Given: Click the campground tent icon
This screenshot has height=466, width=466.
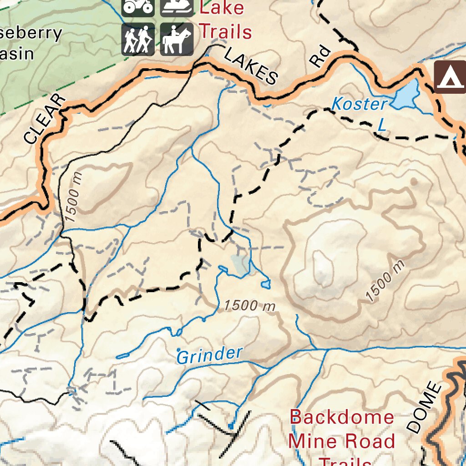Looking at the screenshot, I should coord(449,77).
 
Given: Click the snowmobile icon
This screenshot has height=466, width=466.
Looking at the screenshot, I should coord(177,8).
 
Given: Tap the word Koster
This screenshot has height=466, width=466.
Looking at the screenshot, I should coord(359,104).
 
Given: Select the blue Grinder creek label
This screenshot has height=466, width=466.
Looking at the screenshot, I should coord(209,355).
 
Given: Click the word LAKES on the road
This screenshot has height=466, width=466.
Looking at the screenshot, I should coord(251,67).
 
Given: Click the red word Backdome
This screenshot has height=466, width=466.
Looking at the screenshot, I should coord(342,417).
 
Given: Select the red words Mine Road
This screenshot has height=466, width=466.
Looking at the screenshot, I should coord(342,441).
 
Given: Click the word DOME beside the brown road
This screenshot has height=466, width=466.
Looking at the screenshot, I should coord(424,408).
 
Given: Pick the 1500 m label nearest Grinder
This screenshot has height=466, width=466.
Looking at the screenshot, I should coord(250,306).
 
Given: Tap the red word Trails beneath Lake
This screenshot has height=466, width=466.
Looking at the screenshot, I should coord(226,32).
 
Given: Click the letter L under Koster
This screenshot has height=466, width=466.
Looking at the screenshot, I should coord(382,126).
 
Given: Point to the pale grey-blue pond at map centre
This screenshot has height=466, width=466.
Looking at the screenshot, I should coord(240,264).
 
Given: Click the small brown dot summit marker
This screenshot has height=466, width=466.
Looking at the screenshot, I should coord(414,182).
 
